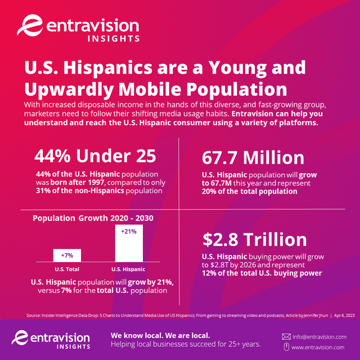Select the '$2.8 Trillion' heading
pos(254,240)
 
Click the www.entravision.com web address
pos(318,348)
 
